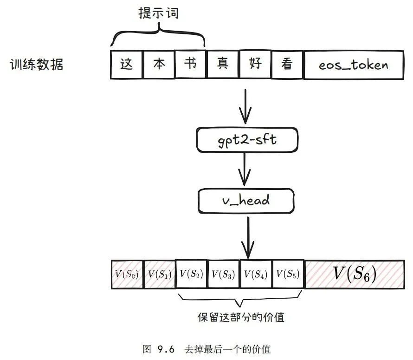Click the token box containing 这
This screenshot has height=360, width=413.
click(x=127, y=64)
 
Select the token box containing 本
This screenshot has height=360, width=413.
click(x=159, y=64)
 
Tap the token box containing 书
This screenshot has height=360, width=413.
click(x=190, y=64)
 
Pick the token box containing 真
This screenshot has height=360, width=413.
click(x=222, y=64)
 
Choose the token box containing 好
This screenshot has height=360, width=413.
click(x=255, y=64)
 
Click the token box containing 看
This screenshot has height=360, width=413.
click(x=287, y=64)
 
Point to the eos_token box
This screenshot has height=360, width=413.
click(x=353, y=64)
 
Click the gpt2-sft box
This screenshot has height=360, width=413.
click(x=246, y=139)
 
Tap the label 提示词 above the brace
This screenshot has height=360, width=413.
click(x=159, y=14)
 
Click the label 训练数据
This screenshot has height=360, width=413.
click(x=37, y=65)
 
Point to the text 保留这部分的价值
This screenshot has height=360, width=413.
click(x=241, y=318)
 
